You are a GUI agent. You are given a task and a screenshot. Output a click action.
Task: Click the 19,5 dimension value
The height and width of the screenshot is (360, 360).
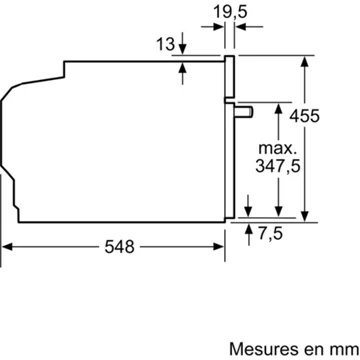pyautogui.click(x=229, y=12)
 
